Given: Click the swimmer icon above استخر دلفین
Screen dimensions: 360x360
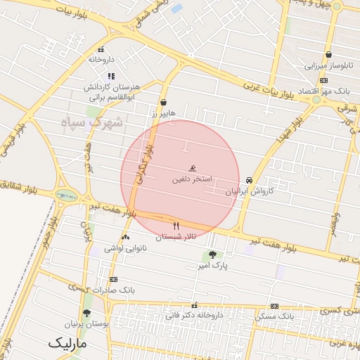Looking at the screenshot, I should (x=192, y=169).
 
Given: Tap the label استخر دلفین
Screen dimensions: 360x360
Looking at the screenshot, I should (x=192, y=179).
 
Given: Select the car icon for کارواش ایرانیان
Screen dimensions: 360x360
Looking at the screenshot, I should (x=250, y=180).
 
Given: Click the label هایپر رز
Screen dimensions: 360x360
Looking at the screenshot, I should (x=164, y=112).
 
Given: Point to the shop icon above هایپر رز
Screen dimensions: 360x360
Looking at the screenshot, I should (x=164, y=102).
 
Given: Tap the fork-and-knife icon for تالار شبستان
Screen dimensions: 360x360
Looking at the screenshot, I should (x=176, y=226).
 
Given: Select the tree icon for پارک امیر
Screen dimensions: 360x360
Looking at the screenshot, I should (x=212, y=255).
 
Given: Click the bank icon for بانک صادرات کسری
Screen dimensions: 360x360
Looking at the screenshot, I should (x=113, y=279).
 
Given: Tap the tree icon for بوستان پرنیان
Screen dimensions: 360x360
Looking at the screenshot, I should (x=86, y=314).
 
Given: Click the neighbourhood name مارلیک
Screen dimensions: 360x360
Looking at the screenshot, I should (x=68, y=345).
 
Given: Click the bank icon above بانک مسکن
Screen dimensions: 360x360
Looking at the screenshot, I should (x=274, y=307).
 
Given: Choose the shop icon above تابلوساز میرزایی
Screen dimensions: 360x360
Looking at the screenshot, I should (x=328, y=55).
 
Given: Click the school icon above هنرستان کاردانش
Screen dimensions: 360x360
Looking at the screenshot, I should (x=111, y=76).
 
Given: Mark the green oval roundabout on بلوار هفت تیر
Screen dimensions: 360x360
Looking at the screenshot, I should (x=66, y=196).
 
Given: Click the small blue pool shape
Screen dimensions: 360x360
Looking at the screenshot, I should (x=176, y=9).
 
